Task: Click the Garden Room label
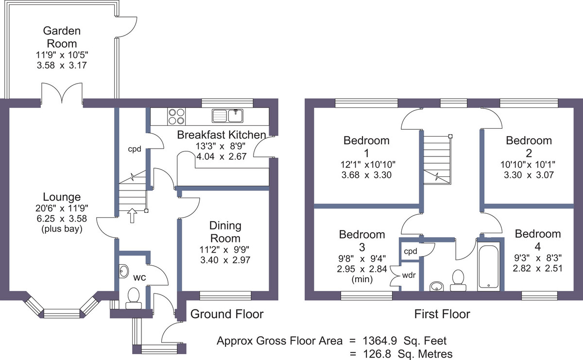point(62,37)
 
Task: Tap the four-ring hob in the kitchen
point(177,116)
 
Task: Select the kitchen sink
point(227,116)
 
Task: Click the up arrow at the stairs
point(132,215)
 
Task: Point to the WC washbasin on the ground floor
point(123,271)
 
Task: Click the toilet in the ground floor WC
point(134,298)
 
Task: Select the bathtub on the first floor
point(489,266)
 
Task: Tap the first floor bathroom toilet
point(458,280)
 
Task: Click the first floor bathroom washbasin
point(436,286)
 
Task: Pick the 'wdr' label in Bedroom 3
point(409,275)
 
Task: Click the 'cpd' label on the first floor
point(411,251)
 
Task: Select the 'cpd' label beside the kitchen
point(135,149)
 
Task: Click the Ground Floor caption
point(227,314)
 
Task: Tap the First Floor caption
point(442,314)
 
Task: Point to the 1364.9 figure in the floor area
point(380,341)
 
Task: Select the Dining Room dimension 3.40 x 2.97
point(225,260)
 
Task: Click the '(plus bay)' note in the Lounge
point(62,229)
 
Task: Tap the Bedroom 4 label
point(538,240)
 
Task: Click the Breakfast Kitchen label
point(222,135)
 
